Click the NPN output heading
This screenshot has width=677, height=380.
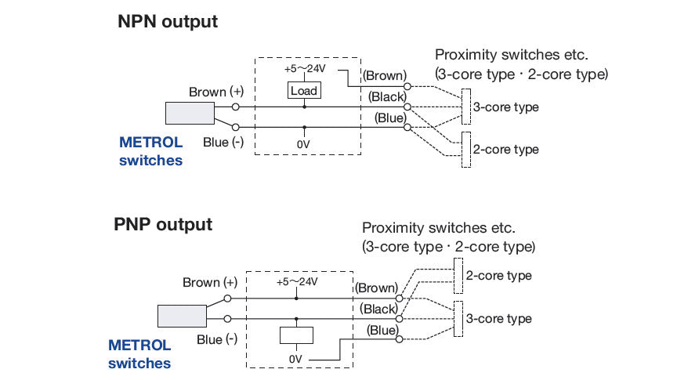click(x=168, y=22)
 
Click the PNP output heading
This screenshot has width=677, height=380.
click(x=163, y=225)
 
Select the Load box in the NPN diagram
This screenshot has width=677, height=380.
click(x=303, y=91)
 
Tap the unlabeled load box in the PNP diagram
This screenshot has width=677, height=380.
click(x=296, y=334)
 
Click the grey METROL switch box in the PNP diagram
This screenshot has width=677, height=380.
click(x=181, y=316)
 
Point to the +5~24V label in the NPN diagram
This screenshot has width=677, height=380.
click(x=304, y=68)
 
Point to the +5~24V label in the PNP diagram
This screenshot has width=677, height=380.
click(x=296, y=281)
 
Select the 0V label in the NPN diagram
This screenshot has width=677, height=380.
click(x=304, y=145)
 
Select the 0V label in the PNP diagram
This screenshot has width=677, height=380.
click(x=295, y=358)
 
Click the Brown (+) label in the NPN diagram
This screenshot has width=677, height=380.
click(x=215, y=92)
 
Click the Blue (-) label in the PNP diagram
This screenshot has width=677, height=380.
click(x=217, y=339)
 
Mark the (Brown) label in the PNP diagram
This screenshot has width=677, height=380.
click(x=376, y=288)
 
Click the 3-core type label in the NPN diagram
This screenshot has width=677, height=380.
click(x=505, y=107)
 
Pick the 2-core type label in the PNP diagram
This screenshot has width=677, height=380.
click(x=498, y=276)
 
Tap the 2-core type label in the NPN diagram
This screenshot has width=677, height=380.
click(x=505, y=149)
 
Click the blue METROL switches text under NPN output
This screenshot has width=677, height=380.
click(x=150, y=151)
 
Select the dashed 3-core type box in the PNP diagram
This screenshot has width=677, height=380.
click(x=458, y=318)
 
